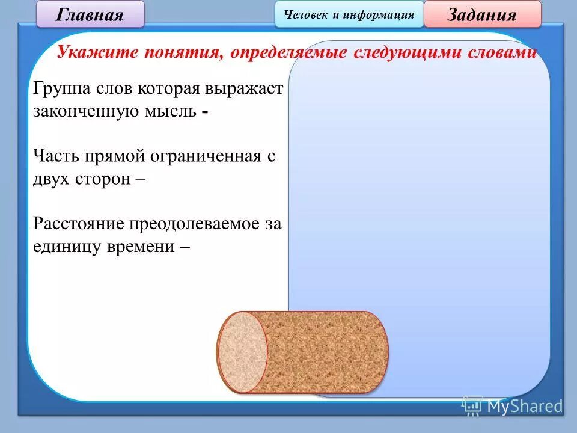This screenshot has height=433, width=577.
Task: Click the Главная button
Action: (90, 14)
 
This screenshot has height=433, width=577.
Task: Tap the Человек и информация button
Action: (349, 14)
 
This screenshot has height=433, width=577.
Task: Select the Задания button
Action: (482, 14)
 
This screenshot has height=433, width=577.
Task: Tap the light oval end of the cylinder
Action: (242, 352)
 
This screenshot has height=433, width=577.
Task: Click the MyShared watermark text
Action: (524, 407)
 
